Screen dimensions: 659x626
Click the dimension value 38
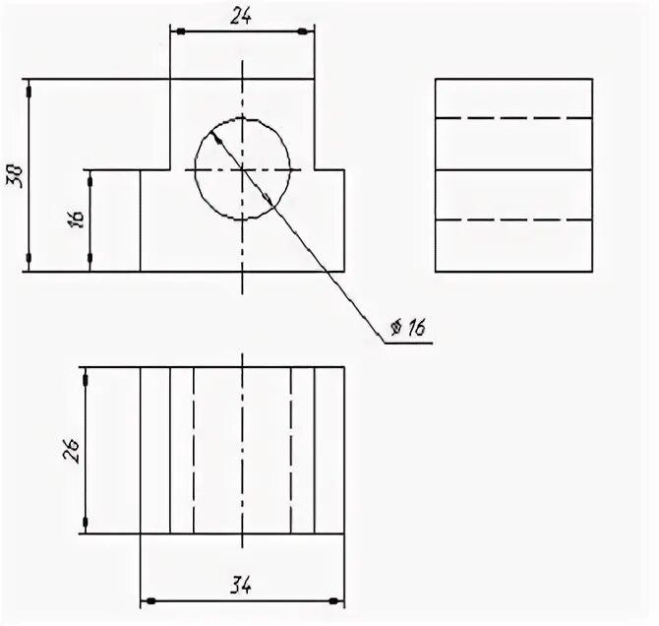click(15, 174)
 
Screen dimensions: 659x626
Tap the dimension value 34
click(242, 586)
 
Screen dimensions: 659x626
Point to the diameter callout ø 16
click(406, 329)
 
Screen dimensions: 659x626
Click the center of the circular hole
click(243, 169)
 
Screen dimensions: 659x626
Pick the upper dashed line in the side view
click(512, 118)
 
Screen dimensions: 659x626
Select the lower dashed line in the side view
click(512, 219)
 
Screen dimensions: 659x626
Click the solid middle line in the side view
click(512, 170)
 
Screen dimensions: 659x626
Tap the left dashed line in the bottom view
click(195, 450)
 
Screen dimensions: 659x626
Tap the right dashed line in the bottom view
click(291, 450)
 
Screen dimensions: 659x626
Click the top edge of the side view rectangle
click(512, 79)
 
